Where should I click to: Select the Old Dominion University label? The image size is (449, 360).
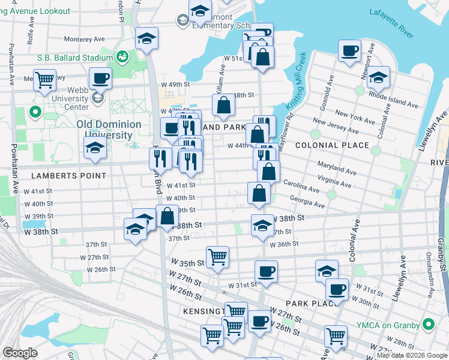(109, 130)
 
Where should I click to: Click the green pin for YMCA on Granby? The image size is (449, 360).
(428, 325)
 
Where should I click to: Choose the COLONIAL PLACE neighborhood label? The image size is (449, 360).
(332, 145)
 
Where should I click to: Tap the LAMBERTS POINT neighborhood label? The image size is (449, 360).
(69, 176)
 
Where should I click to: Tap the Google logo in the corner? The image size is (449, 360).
(20, 352)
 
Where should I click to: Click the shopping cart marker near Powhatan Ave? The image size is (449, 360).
(44, 80)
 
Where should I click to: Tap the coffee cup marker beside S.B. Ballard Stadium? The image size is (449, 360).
(100, 77)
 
